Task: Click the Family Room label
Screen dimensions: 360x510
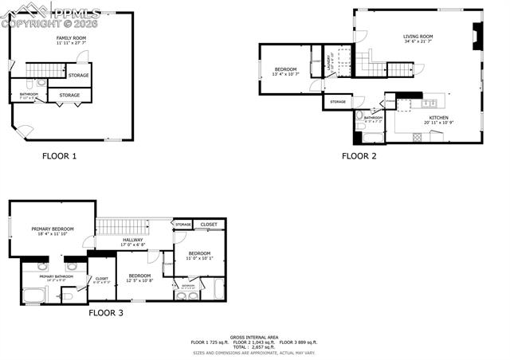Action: pos(70,40)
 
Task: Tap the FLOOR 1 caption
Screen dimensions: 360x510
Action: pos(59,156)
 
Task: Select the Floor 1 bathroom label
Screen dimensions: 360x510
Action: pos(29,96)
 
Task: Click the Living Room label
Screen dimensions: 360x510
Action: pos(417,37)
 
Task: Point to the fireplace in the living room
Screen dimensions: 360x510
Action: pos(477,36)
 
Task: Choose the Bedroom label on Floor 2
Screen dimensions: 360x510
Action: pos(285,72)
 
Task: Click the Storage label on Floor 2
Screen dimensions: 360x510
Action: pos(338,102)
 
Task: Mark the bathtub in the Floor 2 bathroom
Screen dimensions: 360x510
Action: pos(371,137)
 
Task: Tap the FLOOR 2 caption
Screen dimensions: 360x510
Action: pos(359,156)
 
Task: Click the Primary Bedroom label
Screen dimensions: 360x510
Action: pos(52,231)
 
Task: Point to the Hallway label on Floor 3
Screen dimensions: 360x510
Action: pos(132,241)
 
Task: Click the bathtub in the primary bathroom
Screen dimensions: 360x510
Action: pos(34,296)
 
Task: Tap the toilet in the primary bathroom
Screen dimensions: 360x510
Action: pos(68,296)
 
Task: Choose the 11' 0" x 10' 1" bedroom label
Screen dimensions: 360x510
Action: pos(199,256)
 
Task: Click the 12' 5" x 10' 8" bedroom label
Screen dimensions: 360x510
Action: pos(139,278)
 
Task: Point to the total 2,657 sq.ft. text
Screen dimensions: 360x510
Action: pos(253,347)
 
